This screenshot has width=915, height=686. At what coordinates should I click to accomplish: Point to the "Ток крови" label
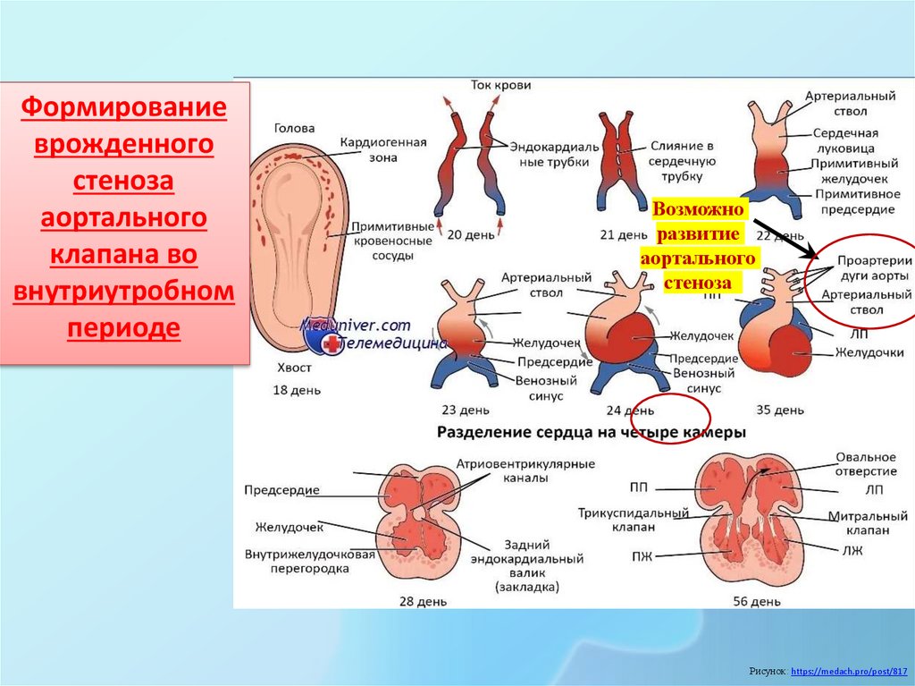[x=500, y=85]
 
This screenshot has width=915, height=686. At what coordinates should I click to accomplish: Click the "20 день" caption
[x=466, y=234]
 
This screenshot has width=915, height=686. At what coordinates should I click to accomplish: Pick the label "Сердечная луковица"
[x=844, y=140]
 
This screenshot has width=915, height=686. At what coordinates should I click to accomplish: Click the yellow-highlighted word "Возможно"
[x=699, y=208]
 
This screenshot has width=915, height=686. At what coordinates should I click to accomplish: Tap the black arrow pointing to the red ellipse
[x=781, y=235]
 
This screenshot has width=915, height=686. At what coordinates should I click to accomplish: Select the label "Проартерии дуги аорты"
[x=872, y=267]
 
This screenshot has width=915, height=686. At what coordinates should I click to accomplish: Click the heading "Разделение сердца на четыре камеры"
[x=591, y=432]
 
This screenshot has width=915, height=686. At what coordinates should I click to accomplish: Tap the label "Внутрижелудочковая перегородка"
[x=309, y=561]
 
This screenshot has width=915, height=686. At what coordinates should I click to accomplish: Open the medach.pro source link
[x=848, y=670]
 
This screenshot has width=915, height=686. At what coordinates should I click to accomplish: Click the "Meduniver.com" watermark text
[x=356, y=326]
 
